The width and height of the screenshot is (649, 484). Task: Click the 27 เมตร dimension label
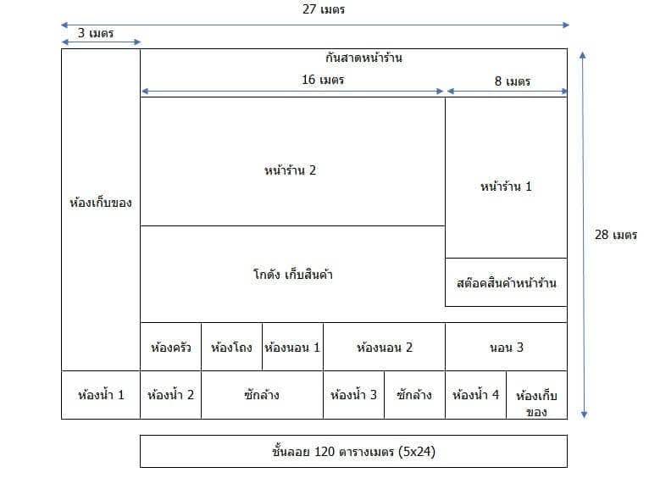point(324,9)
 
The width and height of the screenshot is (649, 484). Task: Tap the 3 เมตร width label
point(96,33)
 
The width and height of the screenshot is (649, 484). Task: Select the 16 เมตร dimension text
point(323,80)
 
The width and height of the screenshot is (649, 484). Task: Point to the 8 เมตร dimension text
point(513,81)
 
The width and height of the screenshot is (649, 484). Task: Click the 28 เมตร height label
point(616,235)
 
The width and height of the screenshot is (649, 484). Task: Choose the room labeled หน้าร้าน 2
point(292,161)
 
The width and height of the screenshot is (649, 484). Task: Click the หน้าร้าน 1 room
point(506,178)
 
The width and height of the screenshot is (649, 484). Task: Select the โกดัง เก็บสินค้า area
point(292,274)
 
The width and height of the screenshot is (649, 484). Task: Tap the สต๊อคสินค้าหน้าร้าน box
point(506,282)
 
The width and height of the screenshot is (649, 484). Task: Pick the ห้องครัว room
point(170,347)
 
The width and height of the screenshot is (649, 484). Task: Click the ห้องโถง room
point(232,347)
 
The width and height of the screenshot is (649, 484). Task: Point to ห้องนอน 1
point(292,347)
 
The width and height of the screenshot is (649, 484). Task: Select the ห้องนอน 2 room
point(384,347)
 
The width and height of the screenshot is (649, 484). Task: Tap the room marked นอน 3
point(506,347)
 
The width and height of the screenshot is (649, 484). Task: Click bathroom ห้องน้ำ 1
point(101,395)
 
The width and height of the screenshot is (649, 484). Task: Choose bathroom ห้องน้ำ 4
point(475,395)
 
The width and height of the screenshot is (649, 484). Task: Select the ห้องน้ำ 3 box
point(353,395)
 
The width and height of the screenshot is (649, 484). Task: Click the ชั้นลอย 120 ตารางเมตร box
point(353,451)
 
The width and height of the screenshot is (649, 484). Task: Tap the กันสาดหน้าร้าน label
point(363,58)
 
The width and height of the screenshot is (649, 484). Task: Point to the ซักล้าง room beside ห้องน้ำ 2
point(262,395)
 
